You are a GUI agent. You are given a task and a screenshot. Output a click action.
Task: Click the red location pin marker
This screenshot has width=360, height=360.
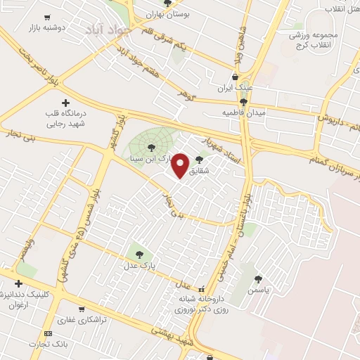pos(181,165)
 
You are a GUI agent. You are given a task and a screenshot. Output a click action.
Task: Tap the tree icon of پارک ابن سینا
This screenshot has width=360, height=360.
pos(151,147)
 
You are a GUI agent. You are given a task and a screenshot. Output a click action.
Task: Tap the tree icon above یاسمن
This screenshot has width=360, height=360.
pos(259,278)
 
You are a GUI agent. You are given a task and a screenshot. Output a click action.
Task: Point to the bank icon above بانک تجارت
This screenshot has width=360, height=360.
pos(47,333)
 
